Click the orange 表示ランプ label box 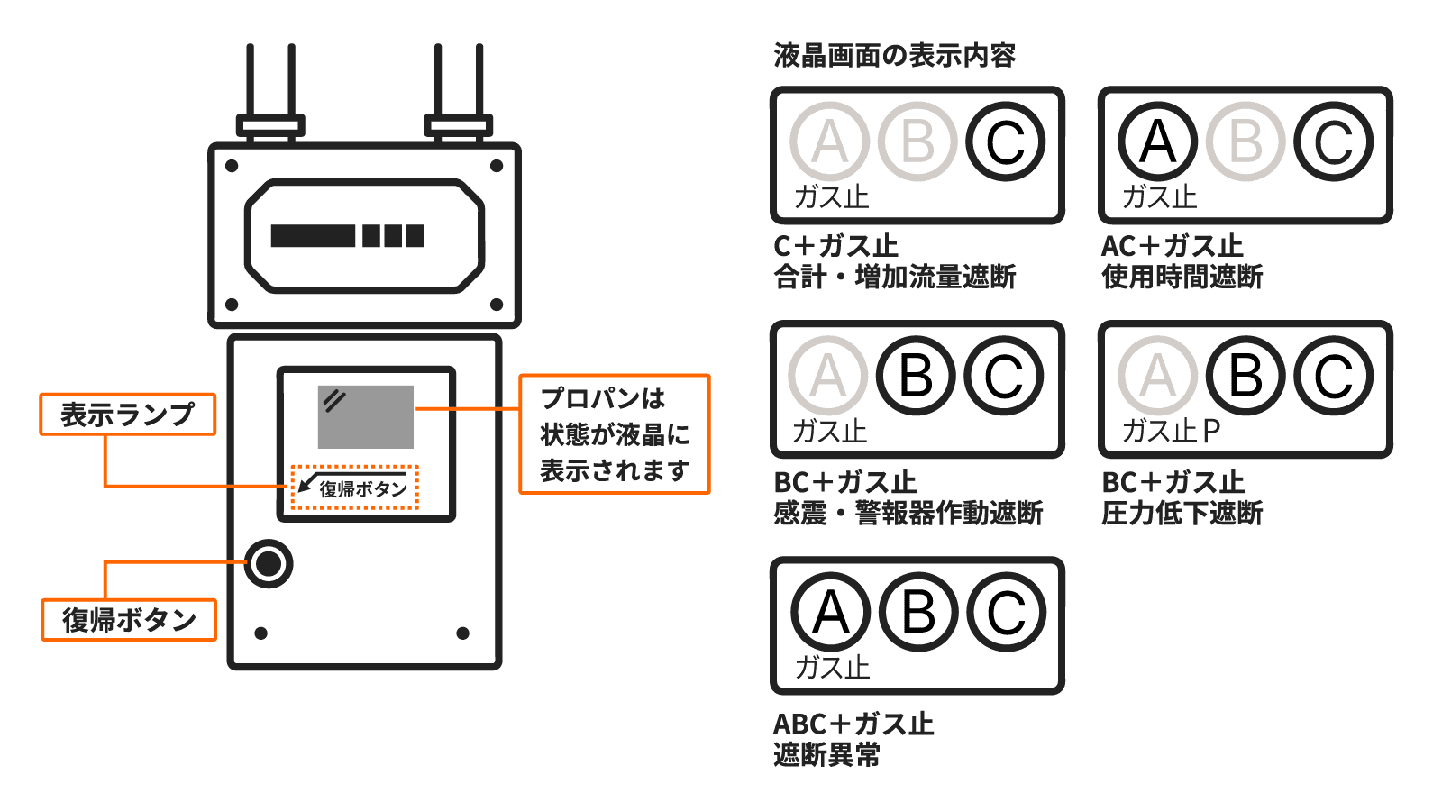tap(127, 415)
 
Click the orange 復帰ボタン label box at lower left tap(129, 620)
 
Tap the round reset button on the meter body tap(269, 564)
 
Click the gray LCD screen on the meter tap(365, 416)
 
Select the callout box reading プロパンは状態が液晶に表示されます tap(615, 434)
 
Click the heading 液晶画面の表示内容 tap(894, 56)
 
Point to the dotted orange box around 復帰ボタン tap(355, 488)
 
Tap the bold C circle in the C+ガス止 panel tap(1005, 141)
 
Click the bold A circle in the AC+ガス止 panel tap(1157, 141)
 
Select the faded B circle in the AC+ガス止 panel tap(1246, 141)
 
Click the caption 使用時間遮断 tap(1182, 277)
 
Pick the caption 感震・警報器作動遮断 tap(908, 513)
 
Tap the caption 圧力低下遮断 tap(1182, 513)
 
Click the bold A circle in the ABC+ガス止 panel tap(830, 613)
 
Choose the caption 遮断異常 tap(826, 754)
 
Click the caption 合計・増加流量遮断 tap(894, 277)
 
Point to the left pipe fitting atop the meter tap(269, 124)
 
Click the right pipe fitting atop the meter tap(458, 124)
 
